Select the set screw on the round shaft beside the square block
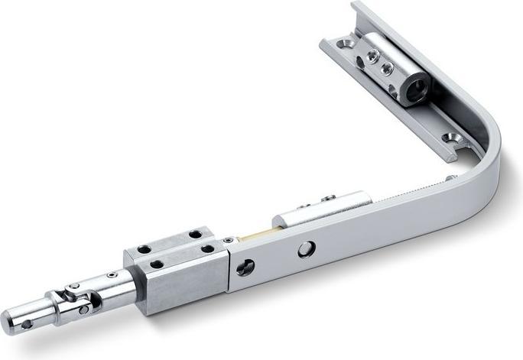click(x=112, y=275)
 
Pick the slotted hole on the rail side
click(x=245, y=267)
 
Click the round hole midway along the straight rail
click(x=306, y=248)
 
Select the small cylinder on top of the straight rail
click(x=321, y=211)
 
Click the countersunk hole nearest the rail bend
click(x=451, y=140)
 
